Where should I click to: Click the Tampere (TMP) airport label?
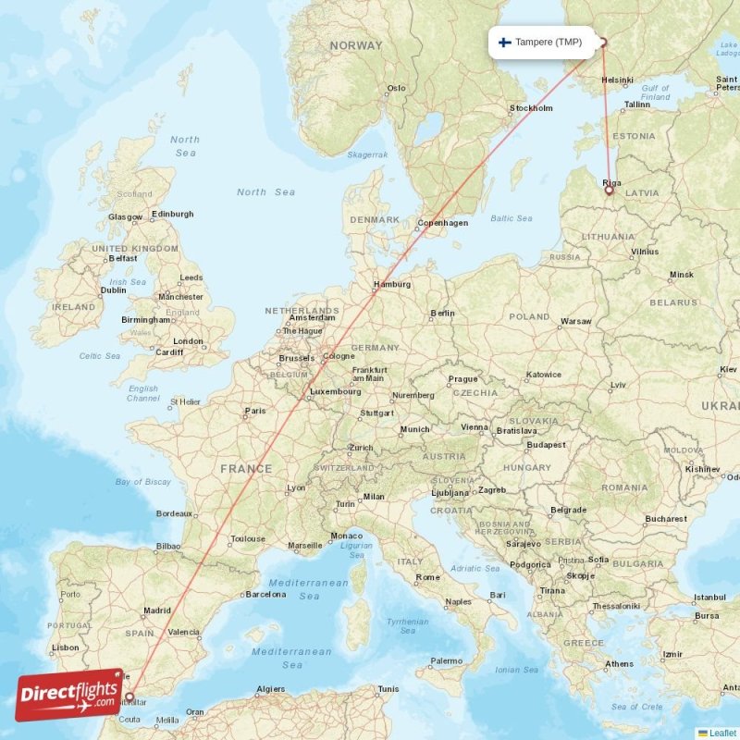coord(549,43)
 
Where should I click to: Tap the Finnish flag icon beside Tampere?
coord(504,43)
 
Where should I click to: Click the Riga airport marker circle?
coord(609,191)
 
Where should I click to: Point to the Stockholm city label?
coord(531,108)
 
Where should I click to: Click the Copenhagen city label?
coord(442,223)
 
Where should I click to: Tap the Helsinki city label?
coord(617,80)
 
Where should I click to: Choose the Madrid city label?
coord(157,610)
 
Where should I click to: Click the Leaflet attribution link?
coord(722,734)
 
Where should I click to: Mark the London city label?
coord(188,341)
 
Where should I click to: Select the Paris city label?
coord(255,412)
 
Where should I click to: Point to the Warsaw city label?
coord(576,321)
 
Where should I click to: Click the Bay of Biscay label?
coord(143,482)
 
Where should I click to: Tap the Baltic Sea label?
coord(512,218)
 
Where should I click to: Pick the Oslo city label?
coord(396,89)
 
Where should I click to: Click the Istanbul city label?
coord(710,597)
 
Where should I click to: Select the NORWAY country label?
coord(355,45)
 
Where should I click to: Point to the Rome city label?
coord(428,577)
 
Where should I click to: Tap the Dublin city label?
coord(114,290)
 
